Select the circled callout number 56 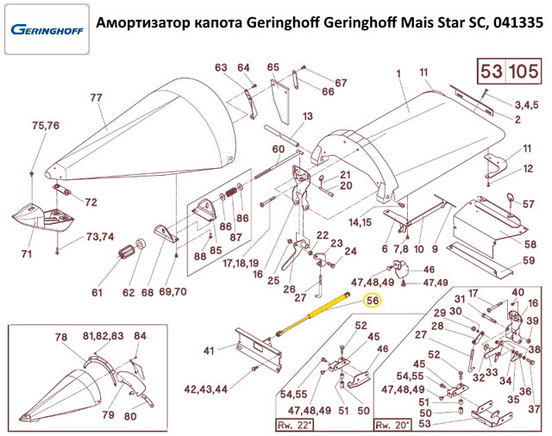[x=373, y=301]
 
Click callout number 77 [x=96, y=98]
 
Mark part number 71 [x=26, y=253]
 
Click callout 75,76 [x=46, y=126]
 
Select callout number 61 [x=97, y=293]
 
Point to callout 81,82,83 [x=103, y=335]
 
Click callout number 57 [x=528, y=204]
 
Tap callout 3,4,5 [x=526, y=105]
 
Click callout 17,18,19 [x=240, y=263]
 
